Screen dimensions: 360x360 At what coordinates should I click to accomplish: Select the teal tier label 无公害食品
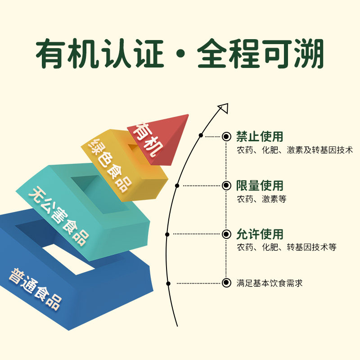(58, 216)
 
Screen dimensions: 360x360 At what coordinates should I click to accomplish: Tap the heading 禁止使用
(260, 136)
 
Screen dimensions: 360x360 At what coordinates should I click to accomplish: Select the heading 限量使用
(260, 185)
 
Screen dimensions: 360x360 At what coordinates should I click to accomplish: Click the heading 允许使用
(260, 234)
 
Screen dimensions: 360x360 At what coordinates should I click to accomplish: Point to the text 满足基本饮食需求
(270, 283)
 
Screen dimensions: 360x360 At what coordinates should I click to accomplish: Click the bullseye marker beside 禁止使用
(226, 136)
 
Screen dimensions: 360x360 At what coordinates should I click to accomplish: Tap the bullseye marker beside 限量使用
(226, 185)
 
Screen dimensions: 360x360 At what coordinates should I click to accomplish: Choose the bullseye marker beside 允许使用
(226, 234)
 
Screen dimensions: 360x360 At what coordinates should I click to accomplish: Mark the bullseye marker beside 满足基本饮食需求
(226, 283)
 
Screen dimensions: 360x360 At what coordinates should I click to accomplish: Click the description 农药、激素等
(261, 198)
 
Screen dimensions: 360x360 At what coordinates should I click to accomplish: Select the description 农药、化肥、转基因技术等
(286, 247)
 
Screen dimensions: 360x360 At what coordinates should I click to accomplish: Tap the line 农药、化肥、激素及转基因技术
(295, 150)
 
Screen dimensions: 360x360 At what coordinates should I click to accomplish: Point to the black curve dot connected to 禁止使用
(201, 135)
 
